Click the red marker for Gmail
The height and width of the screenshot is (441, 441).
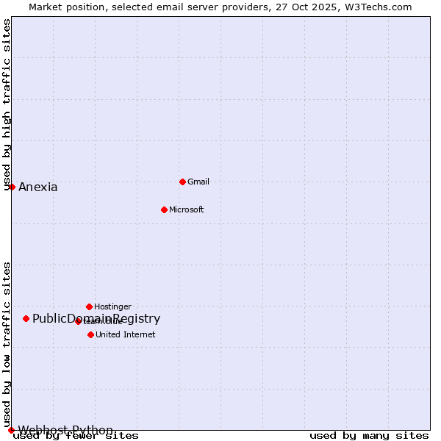182,182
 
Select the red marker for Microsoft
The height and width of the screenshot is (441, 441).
164,209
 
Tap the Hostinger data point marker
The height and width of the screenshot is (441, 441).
89,306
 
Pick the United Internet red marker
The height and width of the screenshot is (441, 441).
90,334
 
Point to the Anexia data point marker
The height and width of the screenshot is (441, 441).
12,187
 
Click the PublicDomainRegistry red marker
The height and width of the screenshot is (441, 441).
26,318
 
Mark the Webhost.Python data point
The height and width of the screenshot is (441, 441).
11,430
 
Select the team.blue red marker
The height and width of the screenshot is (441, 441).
78,321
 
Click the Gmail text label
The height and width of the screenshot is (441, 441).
198,182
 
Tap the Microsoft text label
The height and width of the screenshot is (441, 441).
186,209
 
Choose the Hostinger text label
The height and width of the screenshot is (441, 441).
112,306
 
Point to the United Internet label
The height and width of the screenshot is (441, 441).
125,334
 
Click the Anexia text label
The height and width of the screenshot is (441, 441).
38,187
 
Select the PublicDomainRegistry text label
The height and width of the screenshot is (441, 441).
96,318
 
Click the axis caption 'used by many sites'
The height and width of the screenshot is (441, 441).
369,436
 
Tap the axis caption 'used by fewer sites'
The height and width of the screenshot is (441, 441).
76,436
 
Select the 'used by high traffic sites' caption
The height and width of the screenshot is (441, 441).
7,104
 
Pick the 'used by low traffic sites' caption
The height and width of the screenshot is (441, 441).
7,344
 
